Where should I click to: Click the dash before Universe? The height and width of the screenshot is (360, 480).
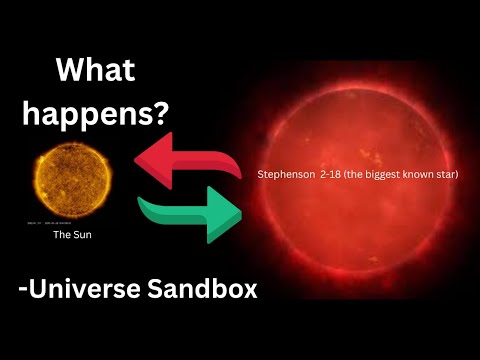[x=23, y=292]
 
